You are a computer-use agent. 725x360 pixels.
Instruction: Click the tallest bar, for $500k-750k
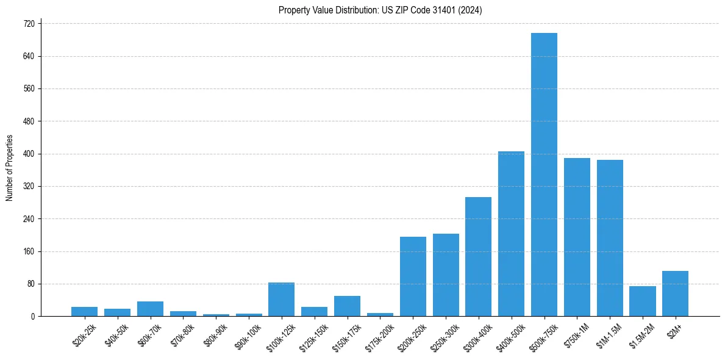544,175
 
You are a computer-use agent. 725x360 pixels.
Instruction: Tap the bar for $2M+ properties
675,293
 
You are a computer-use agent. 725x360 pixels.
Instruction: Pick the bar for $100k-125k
281,300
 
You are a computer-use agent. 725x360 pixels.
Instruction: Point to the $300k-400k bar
478,257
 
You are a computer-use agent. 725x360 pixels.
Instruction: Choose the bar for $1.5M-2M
642,301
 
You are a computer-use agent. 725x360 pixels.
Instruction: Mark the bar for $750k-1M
577,237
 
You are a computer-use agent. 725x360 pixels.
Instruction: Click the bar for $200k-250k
413,276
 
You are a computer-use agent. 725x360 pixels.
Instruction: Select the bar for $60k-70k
150,309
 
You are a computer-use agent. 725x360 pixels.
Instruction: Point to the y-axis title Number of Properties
9,168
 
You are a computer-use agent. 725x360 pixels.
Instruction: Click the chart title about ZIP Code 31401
380,10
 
